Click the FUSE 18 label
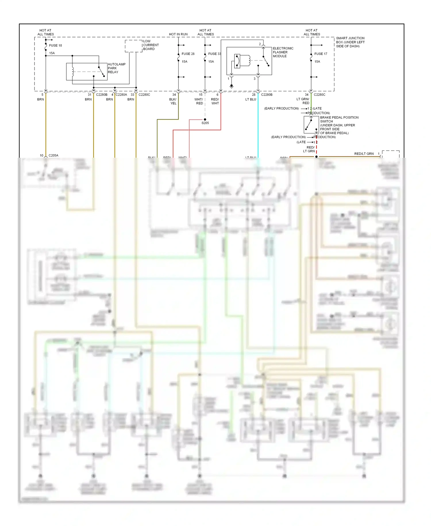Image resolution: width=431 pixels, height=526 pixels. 55,45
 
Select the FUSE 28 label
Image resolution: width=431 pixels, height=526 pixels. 188,54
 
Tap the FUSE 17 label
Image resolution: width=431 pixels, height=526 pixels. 321,54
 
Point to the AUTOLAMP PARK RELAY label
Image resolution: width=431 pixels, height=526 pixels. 116,68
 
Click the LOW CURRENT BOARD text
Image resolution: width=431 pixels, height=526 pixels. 151,45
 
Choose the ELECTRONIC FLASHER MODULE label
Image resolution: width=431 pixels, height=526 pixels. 283,52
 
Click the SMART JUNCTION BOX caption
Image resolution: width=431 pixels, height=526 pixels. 350,42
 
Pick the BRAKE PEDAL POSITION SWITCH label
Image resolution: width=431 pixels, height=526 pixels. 339,125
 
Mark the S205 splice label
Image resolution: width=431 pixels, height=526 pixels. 205,123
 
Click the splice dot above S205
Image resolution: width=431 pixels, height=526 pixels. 205,119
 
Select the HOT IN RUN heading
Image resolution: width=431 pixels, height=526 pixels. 178,34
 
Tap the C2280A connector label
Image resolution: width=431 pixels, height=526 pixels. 121,95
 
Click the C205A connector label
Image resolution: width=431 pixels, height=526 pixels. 53,155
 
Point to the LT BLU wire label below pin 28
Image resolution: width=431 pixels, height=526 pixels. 251,100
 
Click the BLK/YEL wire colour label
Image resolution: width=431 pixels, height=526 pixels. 173,101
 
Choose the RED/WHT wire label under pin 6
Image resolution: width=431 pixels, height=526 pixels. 215,101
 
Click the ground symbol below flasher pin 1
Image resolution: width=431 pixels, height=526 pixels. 231,86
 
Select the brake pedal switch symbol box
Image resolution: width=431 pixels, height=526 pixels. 311,125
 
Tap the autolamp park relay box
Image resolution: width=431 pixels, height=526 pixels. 86,72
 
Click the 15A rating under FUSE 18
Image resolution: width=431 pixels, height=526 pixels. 52,53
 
